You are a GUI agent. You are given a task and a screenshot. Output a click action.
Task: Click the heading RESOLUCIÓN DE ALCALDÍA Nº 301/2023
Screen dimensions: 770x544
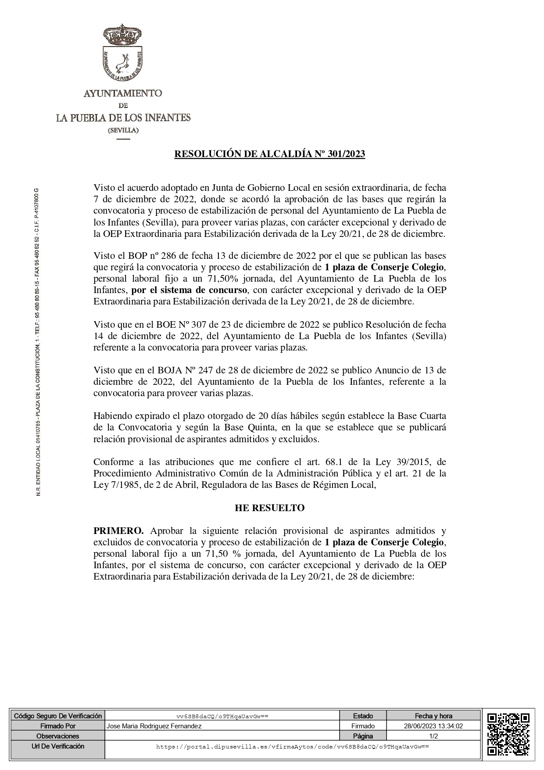click(x=270, y=154)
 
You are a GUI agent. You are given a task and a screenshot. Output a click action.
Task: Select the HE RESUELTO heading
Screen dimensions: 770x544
click(x=270, y=508)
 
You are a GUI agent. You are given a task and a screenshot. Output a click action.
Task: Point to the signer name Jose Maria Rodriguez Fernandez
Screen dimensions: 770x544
click(x=154, y=726)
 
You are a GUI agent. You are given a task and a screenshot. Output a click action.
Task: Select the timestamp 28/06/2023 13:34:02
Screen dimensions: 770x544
click(x=433, y=726)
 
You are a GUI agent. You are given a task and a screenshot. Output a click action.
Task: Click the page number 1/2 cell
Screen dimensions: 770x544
click(x=433, y=736)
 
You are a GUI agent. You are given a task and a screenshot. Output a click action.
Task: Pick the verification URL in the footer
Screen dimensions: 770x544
click(x=292, y=746)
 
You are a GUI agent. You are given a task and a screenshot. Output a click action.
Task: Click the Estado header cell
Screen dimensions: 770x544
click(x=363, y=716)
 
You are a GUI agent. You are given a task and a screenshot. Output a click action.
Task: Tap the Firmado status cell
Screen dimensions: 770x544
click(x=363, y=726)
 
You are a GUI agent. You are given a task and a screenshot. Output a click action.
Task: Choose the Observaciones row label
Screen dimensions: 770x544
click(x=58, y=736)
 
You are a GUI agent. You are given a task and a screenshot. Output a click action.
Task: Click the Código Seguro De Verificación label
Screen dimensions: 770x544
click(x=58, y=716)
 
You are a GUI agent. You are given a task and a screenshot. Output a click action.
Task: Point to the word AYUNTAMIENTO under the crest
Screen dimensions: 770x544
click(x=123, y=93)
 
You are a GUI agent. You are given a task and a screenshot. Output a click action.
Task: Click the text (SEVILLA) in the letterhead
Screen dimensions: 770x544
click(x=123, y=130)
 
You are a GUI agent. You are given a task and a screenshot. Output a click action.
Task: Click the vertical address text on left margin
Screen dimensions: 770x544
click(x=38, y=342)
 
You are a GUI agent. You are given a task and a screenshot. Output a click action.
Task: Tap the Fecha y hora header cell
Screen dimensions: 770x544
click(x=433, y=716)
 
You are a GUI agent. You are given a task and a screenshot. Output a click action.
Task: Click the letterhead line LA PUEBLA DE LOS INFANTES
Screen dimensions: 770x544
click(x=123, y=118)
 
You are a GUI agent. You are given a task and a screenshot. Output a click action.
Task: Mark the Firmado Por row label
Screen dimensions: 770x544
click(x=58, y=726)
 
